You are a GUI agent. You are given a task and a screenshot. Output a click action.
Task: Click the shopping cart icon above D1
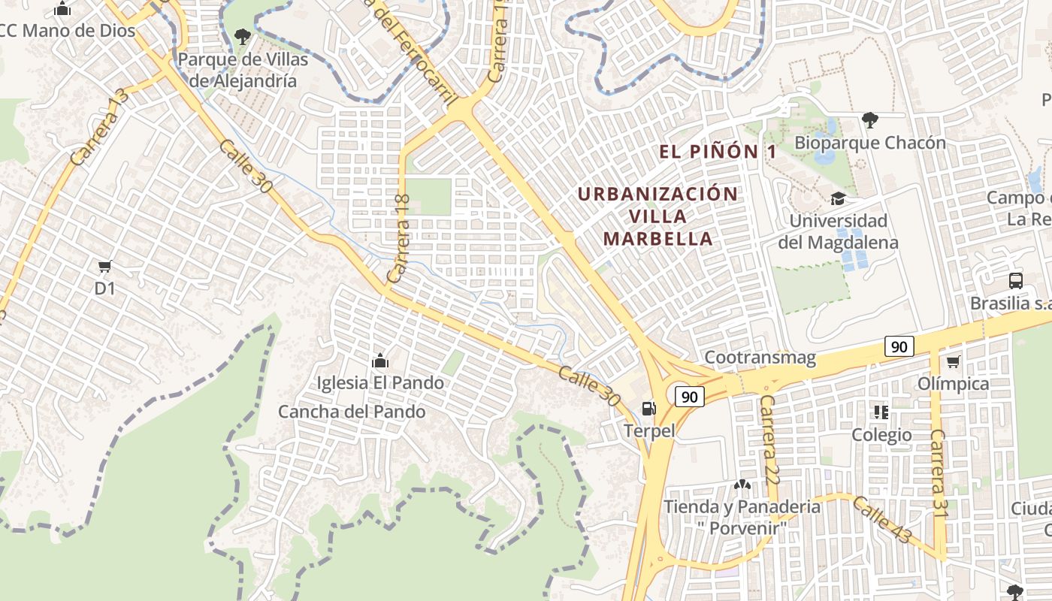pyautogui.click(x=105, y=266)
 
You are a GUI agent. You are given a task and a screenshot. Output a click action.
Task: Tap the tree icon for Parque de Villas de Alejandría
pyautogui.click(x=242, y=35)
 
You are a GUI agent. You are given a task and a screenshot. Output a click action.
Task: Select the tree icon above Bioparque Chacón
pyautogui.click(x=870, y=119)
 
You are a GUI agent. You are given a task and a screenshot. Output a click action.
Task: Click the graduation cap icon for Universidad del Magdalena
pyautogui.click(x=837, y=198)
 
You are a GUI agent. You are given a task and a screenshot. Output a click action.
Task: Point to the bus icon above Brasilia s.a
pyautogui.click(x=1015, y=281)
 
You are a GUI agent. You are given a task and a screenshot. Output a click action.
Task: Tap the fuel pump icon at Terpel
pyautogui.click(x=648, y=408)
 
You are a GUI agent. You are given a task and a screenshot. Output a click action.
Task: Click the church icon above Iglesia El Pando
pyautogui.click(x=379, y=361)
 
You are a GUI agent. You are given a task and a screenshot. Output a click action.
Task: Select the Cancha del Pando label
pyautogui.click(x=352, y=412)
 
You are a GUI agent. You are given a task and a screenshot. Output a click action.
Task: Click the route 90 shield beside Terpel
pyautogui.click(x=689, y=397)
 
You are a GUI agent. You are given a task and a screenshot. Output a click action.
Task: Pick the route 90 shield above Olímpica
pyautogui.click(x=899, y=346)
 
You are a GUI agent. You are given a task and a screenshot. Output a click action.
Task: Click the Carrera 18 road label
pyautogui.click(x=398, y=239)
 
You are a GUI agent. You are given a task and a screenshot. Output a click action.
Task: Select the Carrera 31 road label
pyautogui.click(x=938, y=473)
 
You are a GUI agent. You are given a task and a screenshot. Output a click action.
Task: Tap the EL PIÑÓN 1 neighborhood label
pyautogui.click(x=718, y=152)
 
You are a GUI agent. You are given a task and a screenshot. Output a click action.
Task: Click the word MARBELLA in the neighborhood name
pyautogui.click(x=658, y=239)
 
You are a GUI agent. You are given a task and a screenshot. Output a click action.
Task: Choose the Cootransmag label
pyautogui.click(x=760, y=358)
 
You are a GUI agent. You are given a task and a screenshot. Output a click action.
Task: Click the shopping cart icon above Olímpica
pyautogui.click(x=953, y=362)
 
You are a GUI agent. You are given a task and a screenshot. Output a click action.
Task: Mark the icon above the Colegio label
pyautogui.click(x=881, y=412)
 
